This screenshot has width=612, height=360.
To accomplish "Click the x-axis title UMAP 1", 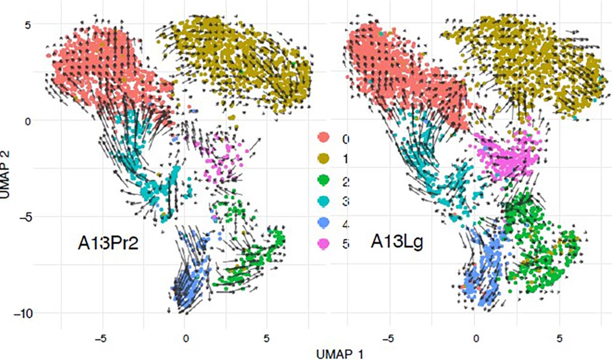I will point(339,353).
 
